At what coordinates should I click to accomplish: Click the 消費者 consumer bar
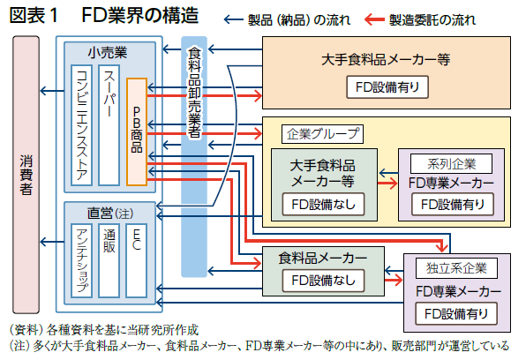pyautogui.click(x=26, y=175)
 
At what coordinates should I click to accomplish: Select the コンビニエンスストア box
pyautogui.click(x=81, y=125)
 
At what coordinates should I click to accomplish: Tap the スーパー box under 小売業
pyautogui.click(x=109, y=125)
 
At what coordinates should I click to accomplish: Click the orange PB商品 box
pyautogui.click(x=137, y=131)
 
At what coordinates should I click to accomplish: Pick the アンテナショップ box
pyautogui.click(x=81, y=260)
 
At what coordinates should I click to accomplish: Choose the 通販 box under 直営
pyautogui.click(x=109, y=260)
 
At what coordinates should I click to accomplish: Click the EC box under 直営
pyautogui.click(x=136, y=260)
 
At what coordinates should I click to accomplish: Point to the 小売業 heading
pyautogui.click(x=108, y=53)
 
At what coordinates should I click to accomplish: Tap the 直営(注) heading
pyautogui.click(x=110, y=213)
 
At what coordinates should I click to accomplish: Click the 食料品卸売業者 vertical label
pyautogui.click(x=194, y=93)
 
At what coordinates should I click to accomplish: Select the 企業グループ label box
pyautogui.click(x=322, y=134)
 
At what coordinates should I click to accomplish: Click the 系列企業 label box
pyautogui.click(x=452, y=164)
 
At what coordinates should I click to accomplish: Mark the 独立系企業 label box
pyautogui.click(x=456, y=268)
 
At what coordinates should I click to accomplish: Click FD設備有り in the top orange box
pyautogui.click(x=387, y=87)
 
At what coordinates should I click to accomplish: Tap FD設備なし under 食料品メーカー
pyautogui.click(x=323, y=281)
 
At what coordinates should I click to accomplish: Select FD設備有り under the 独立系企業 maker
pyautogui.click(x=456, y=314)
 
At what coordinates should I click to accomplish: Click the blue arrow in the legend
pyautogui.click(x=234, y=19)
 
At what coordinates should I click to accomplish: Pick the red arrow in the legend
pyautogui.click(x=374, y=19)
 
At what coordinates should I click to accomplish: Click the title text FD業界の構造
pyautogui.click(x=140, y=16)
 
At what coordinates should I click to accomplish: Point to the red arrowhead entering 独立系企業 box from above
pyautogui.click(x=442, y=248)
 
